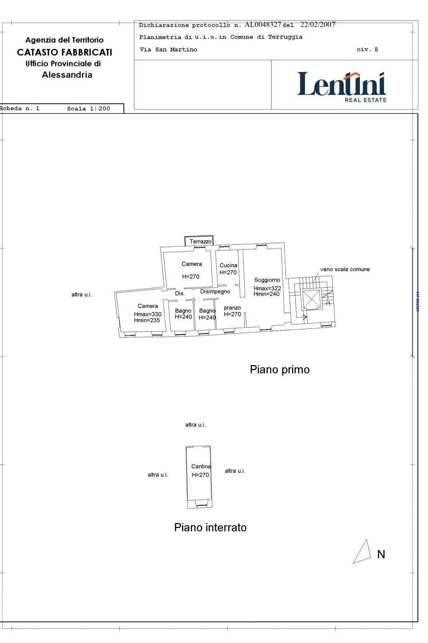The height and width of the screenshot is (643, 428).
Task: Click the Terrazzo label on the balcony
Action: click(x=201, y=241)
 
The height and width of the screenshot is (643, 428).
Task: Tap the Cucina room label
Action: click(x=228, y=266)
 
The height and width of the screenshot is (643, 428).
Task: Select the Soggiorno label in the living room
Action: click(x=267, y=280)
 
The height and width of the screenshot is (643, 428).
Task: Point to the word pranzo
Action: click(x=232, y=308)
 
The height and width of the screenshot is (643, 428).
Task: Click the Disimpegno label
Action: click(x=215, y=292)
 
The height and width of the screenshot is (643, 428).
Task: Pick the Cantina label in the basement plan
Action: click(x=201, y=467)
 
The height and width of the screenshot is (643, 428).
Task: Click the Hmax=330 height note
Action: click(x=148, y=314)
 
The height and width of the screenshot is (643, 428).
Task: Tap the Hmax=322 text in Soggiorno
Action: click(x=267, y=288)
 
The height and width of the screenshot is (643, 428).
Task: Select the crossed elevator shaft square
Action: click(x=311, y=299)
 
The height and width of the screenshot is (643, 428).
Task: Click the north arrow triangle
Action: click(x=363, y=552)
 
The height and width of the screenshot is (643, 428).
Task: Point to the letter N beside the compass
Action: click(x=381, y=554)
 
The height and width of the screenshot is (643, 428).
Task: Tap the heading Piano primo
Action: click(x=279, y=370)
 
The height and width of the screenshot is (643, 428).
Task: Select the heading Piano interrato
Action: click(x=210, y=528)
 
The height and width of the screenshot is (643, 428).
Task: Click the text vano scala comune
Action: click(x=345, y=269)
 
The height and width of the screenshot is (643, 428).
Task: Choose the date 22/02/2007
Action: click(x=318, y=25)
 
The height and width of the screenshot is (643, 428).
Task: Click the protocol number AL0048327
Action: click(x=263, y=25)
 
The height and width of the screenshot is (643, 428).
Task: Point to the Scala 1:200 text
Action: click(x=89, y=108)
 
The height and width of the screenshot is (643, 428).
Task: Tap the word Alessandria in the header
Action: click(x=67, y=75)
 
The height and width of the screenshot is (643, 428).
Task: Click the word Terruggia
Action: click(x=285, y=37)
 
